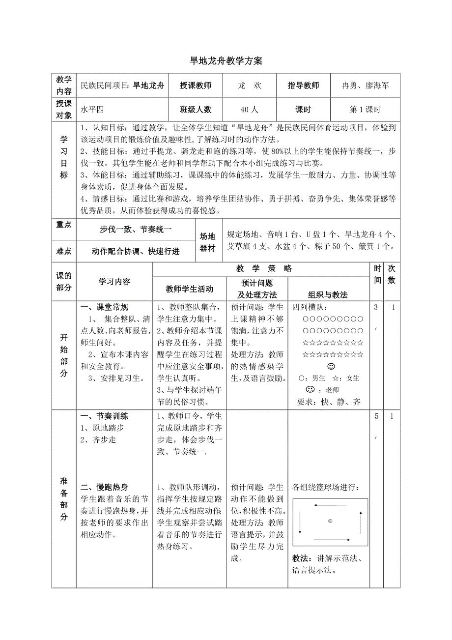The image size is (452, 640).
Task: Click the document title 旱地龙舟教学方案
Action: point(226,61)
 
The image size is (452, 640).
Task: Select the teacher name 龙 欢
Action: point(249,86)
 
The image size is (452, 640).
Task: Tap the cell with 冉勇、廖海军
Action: point(365,86)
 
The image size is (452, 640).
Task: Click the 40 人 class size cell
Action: point(249,110)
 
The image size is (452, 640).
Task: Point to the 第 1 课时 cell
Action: point(365,110)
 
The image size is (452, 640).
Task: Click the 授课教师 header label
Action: point(196,86)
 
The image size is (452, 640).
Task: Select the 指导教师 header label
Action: point(303,86)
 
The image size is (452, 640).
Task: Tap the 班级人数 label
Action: point(196,110)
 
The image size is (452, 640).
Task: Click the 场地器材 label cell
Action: point(208,242)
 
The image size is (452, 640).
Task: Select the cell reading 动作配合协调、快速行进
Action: point(136,252)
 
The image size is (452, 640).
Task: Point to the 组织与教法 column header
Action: point(328,295)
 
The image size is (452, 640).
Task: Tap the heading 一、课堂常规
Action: point(104,307)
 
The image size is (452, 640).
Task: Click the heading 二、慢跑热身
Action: point(104,487)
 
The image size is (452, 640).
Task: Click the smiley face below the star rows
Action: point(331,367)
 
